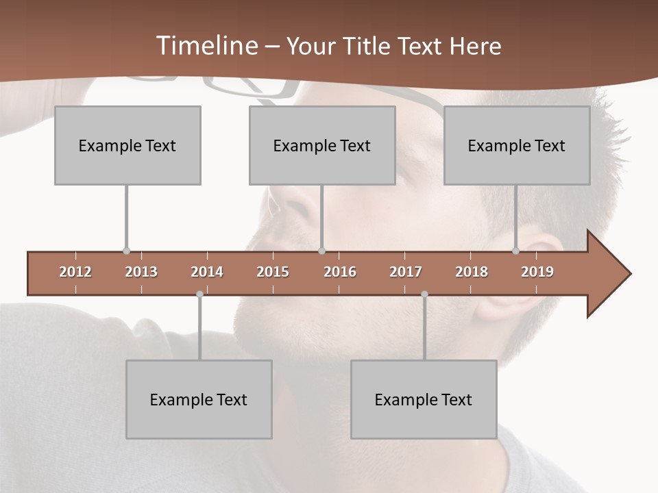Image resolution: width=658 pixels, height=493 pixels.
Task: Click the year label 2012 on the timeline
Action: tap(75, 272)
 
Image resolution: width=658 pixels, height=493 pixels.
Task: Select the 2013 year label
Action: tap(141, 272)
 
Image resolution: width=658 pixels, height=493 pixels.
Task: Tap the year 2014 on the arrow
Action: tap(207, 272)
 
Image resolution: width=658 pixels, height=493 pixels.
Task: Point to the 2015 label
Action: tap(273, 272)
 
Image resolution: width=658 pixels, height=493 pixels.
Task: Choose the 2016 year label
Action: tap(340, 272)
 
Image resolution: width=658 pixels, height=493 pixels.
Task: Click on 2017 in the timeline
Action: tap(406, 272)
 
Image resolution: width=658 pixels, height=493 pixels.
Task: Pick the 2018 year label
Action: tap(472, 272)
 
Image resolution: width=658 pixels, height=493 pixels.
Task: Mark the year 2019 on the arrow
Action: tap(537, 272)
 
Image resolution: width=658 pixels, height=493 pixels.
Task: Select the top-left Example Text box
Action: tap(127, 145)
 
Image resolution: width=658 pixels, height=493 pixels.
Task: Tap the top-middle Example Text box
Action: tap(322, 145)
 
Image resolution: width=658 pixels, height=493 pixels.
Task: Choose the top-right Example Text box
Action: tap(517, 145)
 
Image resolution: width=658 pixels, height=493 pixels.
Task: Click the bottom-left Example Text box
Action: tap(199, 399)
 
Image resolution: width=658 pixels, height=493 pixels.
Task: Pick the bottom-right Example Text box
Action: tap(424, 399)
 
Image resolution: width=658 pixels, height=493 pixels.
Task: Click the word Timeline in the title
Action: tap(206, 46)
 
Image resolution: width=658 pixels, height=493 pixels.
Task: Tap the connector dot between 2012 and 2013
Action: tap(126, 251)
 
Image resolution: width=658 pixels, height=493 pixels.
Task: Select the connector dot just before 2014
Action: tap(199, 294)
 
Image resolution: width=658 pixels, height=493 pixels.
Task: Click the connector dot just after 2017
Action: tap(424, 294)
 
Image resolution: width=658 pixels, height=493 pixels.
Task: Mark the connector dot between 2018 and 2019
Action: tap(516, 251)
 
